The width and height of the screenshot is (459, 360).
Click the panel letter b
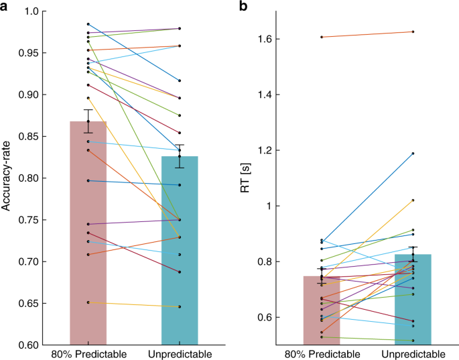236,6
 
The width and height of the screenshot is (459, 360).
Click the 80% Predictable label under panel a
88,355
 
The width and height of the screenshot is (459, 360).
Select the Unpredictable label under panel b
413,355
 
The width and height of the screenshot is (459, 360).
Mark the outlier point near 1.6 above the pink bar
322,37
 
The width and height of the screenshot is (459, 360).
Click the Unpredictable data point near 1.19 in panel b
413,154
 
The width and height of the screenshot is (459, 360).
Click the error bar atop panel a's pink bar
88,121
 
